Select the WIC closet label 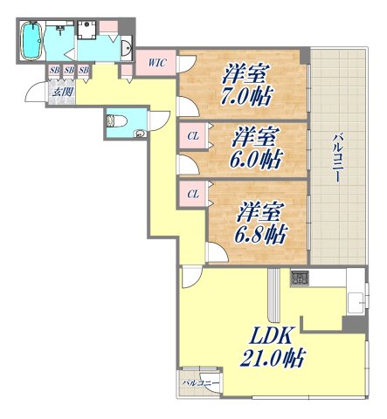point(157,62)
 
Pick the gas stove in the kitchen point(300,279)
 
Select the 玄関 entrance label point(61,90)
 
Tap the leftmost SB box point(54,70)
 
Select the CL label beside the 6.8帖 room point(193,194)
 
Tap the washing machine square point(86,31)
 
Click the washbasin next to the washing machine point(124,48)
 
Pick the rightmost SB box point(84,70)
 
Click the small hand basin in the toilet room point(141,134)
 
